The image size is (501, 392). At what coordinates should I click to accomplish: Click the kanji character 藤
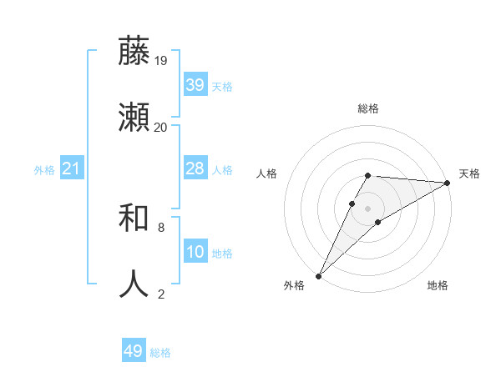click(x=134, y=52)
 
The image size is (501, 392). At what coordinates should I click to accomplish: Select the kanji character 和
click(x=134, y=219)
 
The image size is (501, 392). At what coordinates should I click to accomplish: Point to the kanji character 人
click(x=134, y=284)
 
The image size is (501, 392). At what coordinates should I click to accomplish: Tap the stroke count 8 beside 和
click(x=160, y=227)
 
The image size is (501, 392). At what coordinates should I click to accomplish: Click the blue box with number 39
click(x=195, y=85)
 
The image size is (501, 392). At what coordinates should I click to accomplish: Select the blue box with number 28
click(x=195, y=168)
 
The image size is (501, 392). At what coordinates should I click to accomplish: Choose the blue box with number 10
click(x=195, y=252)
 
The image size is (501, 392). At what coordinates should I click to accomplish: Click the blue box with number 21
click(x=71, y=168)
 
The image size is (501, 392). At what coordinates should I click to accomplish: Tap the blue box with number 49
click(x=133, y=351)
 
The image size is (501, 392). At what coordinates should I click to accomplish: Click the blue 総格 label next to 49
click(x=160, y=353)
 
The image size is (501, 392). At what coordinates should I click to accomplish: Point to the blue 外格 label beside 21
click(x=44, y=170)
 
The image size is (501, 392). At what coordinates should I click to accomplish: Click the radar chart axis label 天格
click(x=469, y=173)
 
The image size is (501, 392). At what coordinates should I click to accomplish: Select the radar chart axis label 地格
click(x=438, y=286)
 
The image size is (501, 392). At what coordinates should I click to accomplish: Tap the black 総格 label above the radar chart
click(x=368, y=109)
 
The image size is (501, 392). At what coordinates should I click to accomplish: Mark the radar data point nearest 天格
click(x=448, y=183)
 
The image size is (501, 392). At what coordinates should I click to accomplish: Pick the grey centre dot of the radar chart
click(x=368, y=208)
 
